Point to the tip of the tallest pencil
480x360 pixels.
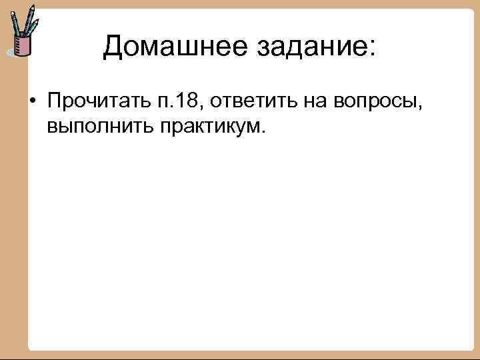[x=33, y=5]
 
